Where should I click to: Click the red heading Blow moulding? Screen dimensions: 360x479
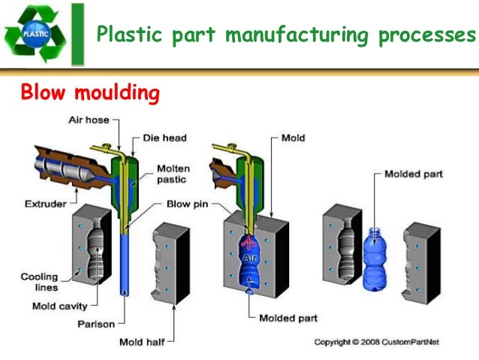pos(90,93)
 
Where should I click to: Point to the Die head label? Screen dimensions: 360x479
pos(164,138)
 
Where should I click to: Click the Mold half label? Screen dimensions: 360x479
pos(142,343)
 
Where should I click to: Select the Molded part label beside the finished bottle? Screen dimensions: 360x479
pos(413,174)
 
